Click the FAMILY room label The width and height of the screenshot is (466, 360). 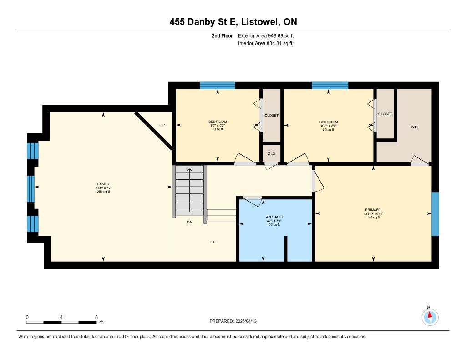(103, 184)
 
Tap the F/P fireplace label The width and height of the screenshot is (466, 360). (162, 125)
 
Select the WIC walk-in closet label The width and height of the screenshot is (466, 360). (414, 127)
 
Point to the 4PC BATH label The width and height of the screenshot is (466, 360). (274, 217)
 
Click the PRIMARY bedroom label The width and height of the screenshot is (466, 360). (373, 210)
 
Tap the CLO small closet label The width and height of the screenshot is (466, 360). (271, 154)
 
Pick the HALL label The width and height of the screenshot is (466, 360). (214, 242)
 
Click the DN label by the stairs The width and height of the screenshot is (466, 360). (190, 223)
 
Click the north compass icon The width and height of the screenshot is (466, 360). (430, 317)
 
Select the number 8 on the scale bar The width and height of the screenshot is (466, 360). (96, 317)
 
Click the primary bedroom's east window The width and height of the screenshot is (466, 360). (435, 214)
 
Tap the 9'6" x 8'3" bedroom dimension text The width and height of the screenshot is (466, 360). (218, 126)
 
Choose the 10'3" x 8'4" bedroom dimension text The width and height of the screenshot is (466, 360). (329, 126)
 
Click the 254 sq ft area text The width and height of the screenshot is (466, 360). (103, 192)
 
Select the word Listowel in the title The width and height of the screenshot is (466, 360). (260, 22)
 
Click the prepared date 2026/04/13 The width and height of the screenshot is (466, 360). (246, 321)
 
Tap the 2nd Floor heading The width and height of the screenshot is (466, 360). (222, 35)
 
